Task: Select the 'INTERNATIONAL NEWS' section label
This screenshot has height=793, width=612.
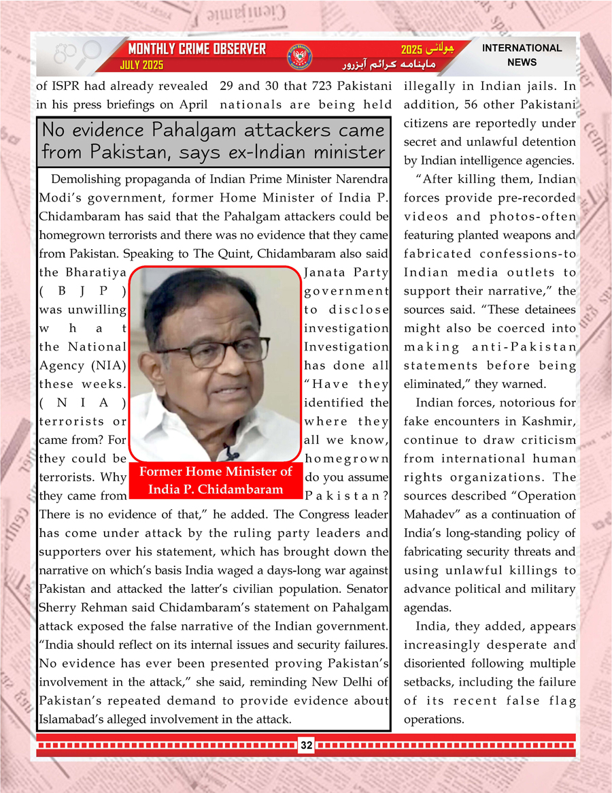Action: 522,55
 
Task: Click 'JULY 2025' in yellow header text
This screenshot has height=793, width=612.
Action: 141,66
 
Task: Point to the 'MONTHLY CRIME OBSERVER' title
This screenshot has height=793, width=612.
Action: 197,50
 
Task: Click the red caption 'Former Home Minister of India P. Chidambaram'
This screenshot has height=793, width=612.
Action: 214,481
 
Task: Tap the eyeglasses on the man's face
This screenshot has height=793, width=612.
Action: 214,351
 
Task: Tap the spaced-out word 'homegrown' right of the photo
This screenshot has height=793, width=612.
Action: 347,458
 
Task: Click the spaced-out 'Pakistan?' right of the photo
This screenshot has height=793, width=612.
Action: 347,495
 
